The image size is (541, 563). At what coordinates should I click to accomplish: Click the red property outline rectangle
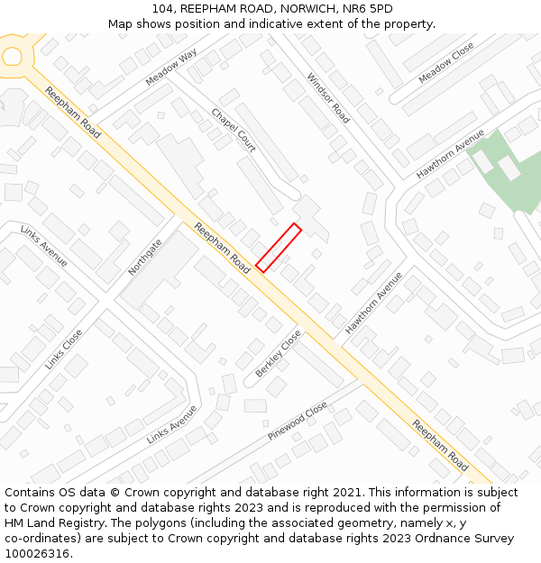[278, 247]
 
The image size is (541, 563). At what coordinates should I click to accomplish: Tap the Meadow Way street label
[171, 68]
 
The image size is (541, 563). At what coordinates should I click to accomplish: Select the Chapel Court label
[234, 131]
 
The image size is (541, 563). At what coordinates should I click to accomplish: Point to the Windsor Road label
[328, 98]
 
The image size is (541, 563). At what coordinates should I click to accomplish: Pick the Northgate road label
[145, 257]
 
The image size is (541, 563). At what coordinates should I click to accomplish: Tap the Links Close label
[63, 350]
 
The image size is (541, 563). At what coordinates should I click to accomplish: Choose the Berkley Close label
[278, 353]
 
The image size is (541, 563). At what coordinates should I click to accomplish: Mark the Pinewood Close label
[298, 422]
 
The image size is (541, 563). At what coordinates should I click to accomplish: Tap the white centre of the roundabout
[12, 57]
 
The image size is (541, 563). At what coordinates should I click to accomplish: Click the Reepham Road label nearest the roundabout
[72, 112]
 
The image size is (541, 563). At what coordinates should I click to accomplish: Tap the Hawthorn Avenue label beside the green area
[450, 153]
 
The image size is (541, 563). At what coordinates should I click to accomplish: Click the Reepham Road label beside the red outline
[222, 249]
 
